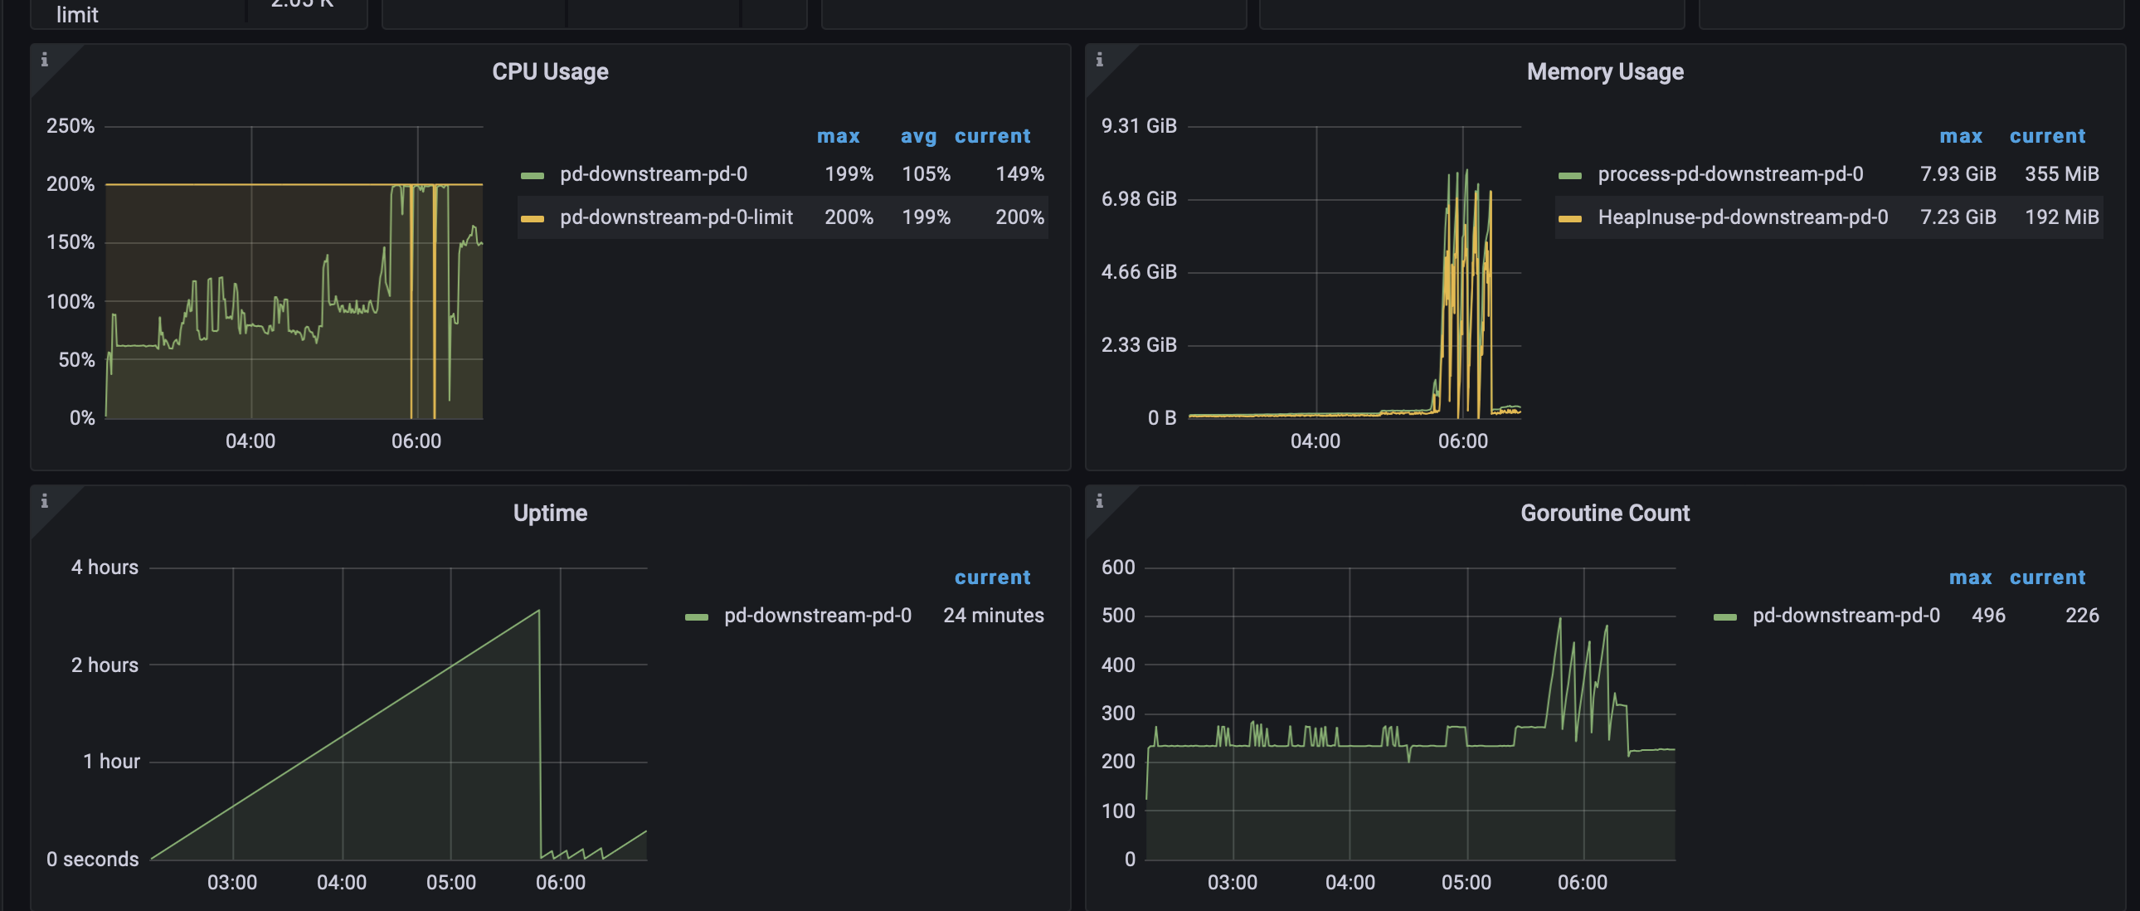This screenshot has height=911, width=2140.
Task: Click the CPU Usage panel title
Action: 550,71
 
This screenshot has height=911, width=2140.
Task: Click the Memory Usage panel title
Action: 1604,71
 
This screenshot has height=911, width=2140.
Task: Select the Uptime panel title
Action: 550,513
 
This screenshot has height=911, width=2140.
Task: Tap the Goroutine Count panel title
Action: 1604,513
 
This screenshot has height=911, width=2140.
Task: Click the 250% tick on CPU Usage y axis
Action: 71,125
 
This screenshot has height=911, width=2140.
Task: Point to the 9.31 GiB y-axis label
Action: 1138,125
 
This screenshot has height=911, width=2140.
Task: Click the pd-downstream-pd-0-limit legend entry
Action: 675,217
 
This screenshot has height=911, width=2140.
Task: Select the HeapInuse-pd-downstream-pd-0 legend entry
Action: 1742,217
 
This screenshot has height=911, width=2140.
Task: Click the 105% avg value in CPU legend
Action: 926,173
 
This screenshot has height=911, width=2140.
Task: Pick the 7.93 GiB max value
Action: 1958,173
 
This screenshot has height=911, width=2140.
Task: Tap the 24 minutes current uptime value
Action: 993,615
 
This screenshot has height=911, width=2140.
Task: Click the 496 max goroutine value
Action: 1988,615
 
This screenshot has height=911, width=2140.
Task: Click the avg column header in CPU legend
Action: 918,136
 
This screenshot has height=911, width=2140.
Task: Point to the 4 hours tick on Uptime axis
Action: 105,567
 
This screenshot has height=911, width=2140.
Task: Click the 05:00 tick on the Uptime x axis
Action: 451,882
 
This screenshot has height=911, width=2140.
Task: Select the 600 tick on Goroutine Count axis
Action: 1117,567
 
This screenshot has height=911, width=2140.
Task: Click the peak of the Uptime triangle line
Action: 538,611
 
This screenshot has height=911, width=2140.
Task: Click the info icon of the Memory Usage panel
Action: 1099,60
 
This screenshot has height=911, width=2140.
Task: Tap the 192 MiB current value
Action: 2061,217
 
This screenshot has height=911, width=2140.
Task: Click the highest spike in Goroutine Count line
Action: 1559,618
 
